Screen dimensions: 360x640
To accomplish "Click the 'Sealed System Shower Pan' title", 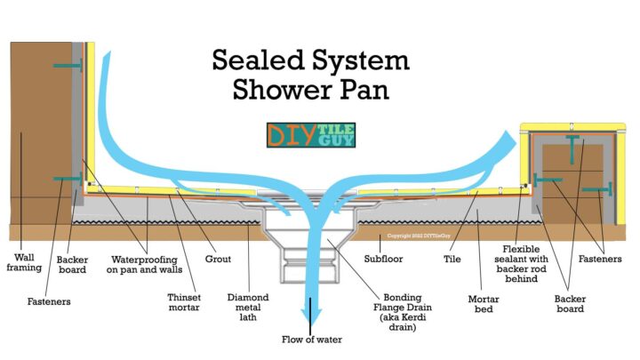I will click(310, 75).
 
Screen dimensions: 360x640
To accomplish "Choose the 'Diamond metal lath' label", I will click(249, 305).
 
